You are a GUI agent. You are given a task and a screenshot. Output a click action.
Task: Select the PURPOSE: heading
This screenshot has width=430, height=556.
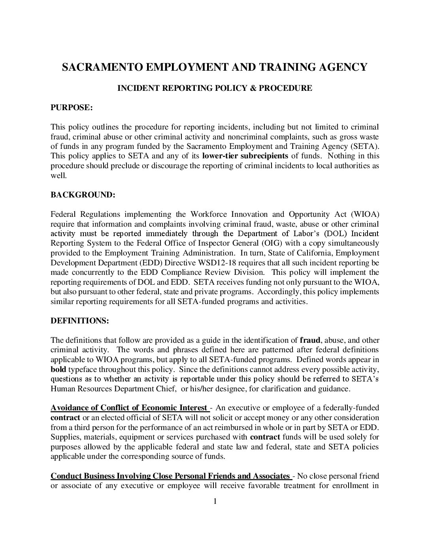click(x=72, y=107)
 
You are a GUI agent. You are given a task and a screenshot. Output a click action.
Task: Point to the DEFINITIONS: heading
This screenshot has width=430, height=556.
click(x=79, y=321)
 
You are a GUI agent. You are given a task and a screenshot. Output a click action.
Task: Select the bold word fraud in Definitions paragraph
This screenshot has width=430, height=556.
click(x=310, y=340)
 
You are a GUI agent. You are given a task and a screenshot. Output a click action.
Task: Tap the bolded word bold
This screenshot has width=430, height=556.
click(x=58, y=369)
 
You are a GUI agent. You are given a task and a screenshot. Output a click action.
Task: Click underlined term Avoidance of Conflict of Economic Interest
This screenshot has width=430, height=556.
click(x=129, y=408)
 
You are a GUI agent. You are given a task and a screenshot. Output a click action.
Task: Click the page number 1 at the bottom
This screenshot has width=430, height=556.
click(x=215, y=502)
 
